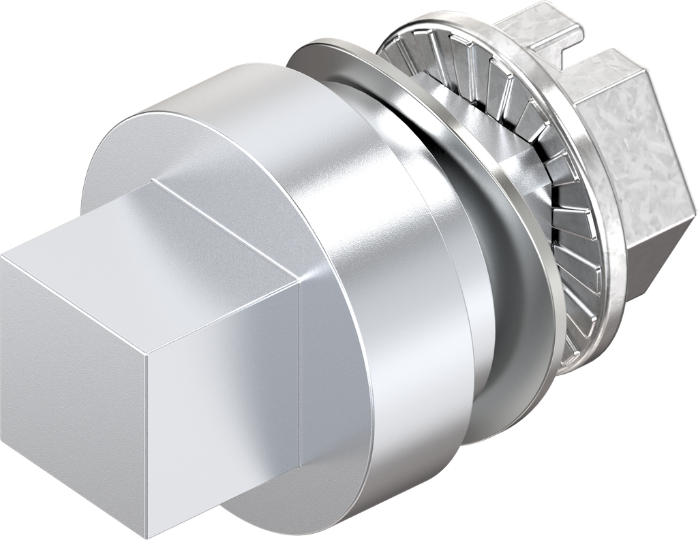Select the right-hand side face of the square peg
tap(225, 409)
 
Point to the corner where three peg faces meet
tap(148, 355)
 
